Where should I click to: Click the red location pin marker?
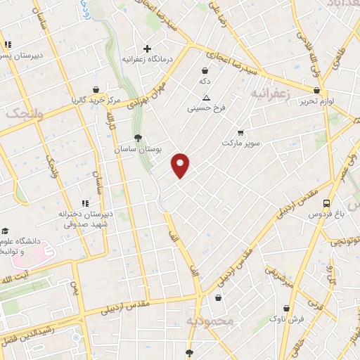(181, 165)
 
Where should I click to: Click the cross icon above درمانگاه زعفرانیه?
(147, 49)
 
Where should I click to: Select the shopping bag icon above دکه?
(205, 70)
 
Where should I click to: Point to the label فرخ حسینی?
(205, 109)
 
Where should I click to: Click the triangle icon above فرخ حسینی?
(205, 98)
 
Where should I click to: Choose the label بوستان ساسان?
(138, 150)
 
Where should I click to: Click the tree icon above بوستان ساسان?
(138, 138)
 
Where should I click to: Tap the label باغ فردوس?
(326, 214)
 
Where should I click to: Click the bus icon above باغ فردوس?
(326, 202)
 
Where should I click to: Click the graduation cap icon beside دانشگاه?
(5, 231)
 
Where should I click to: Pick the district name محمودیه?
(209, 321)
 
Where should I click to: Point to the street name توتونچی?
(346, 241)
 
